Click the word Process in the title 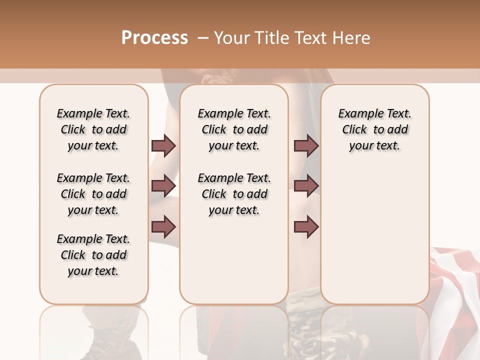tap(154, 38)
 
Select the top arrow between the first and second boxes tap(163, 146)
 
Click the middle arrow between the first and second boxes tap(163, 186)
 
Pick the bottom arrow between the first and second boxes tap(163, 226)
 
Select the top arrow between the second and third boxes tap(306, 146)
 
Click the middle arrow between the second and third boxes tap(306, 186)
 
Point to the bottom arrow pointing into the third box tap(306, 226)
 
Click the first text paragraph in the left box tap(93, 129)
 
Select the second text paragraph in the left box tap(93, 194)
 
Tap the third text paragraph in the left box tap(93, 255)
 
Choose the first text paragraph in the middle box tap(234, 129)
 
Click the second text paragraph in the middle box tap(234, 194)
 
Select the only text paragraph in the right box tap(374, 129)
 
